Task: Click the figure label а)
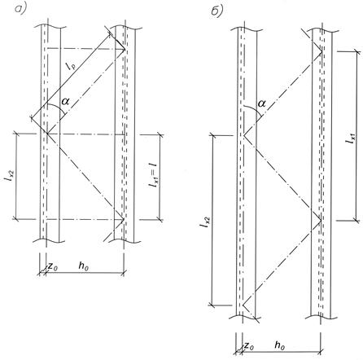click(21, 9)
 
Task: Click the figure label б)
click(217, 11)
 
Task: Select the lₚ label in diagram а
click(70, 66)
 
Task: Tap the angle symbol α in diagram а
click(66, 102)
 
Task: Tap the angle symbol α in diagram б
click(261, 103)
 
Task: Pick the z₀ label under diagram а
click(53, 267)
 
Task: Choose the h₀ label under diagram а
click(83, 266)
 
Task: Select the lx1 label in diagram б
click(350, 138)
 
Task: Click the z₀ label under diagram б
click(249, 346)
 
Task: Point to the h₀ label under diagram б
click(279, 345)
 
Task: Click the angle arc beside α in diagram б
click(254, 109)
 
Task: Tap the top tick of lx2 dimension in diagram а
click(15, 134)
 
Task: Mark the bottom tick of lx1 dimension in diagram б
click(356, 220)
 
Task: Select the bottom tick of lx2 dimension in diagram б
click(212, 305)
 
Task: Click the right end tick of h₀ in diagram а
click(124, 272)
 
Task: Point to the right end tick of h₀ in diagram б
click(321, 352)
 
